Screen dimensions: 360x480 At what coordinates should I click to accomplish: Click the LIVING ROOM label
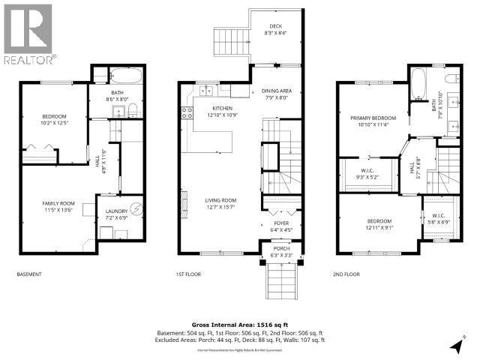tap(221, 200)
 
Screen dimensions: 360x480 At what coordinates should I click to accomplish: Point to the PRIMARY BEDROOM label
tap(373, 118)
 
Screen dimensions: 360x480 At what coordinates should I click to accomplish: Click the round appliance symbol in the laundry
tap(136, 209)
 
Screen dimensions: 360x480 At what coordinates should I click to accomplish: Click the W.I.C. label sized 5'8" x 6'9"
tap(439, 217)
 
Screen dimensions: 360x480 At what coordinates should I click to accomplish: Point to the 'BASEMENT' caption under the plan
tap(31, 274)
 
